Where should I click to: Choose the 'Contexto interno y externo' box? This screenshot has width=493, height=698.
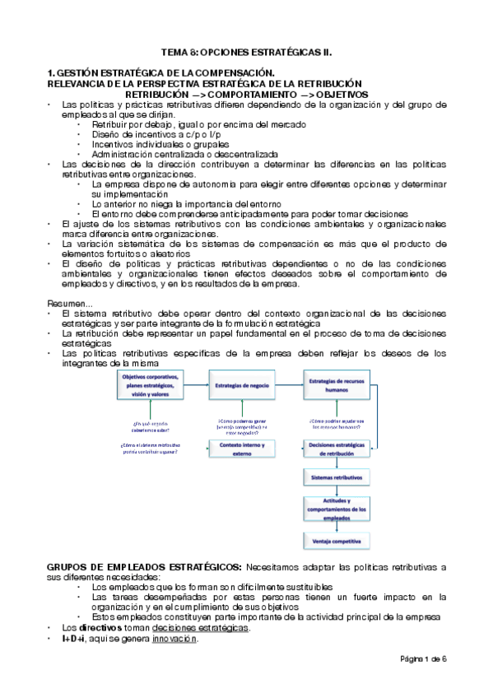click(x=241, y=448)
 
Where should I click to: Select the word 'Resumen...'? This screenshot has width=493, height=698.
click(x=69, y=303)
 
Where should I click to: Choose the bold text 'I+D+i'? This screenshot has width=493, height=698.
click(x=75, y=639)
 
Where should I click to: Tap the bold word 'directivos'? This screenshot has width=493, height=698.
click(x=98, y=628)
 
